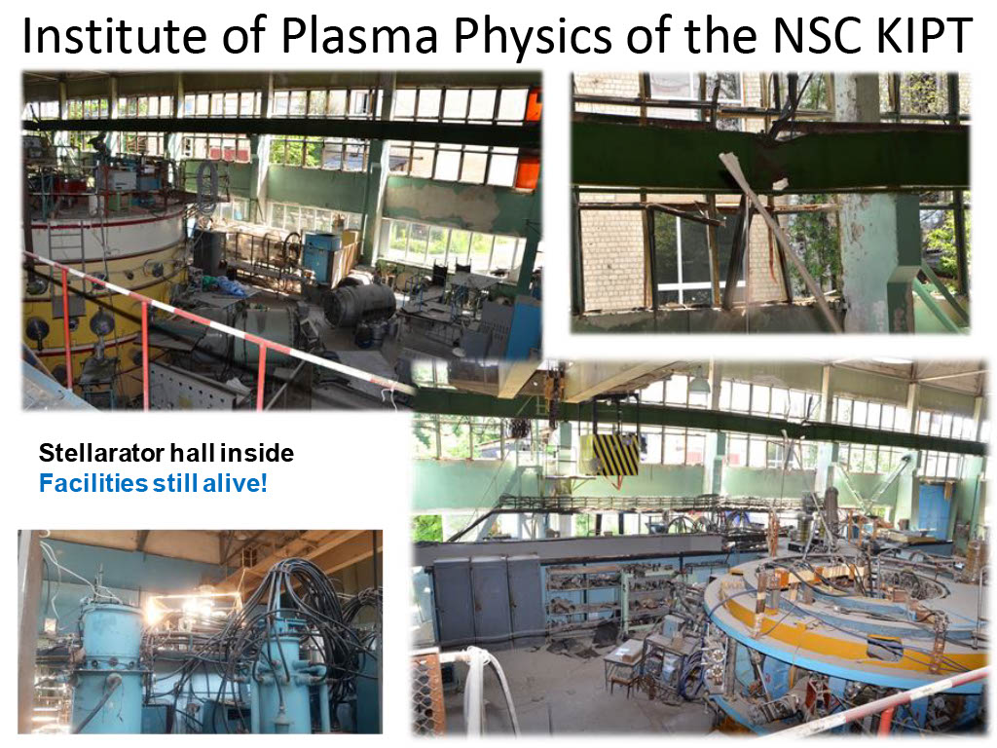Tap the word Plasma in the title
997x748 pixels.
(359, 36)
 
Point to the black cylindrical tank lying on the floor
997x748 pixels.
(358, 305)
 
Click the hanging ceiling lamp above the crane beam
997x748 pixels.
(699, 383)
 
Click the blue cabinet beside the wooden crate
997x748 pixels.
(321, 256)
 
